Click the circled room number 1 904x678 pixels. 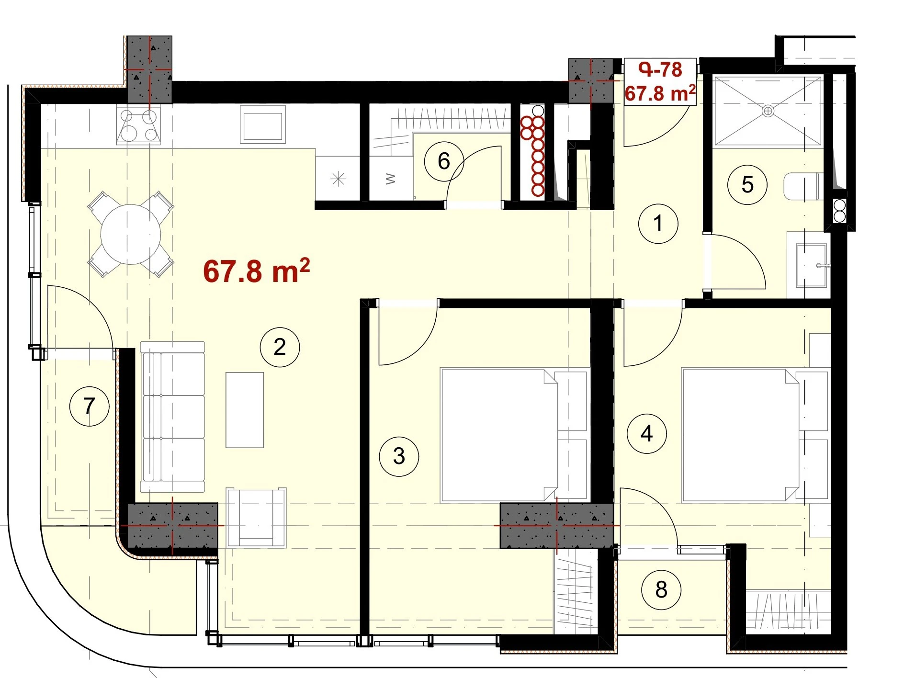(658, 223)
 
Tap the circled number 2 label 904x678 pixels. (280, 347)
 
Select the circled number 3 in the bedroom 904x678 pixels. (399, 456)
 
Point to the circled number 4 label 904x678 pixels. (647, 434)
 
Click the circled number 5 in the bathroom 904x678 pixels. (747, 185)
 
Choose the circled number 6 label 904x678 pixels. (444, 161)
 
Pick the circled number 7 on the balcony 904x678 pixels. (90, 407)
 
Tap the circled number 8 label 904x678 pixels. (661, 589)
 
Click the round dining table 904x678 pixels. (131, 235)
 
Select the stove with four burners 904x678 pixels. (138, 125)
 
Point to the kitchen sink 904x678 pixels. (262, 125)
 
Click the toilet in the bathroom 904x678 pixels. (803, 186)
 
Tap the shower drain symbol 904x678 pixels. (768, 111)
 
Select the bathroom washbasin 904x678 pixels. (812, 266)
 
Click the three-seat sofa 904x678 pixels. (172, 417)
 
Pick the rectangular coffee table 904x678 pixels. (245, 410)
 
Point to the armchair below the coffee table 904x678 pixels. (256, 518)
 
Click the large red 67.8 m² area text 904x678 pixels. (256, 271)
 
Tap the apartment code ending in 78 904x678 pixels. (660, 70)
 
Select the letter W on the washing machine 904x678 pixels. (391, 179)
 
